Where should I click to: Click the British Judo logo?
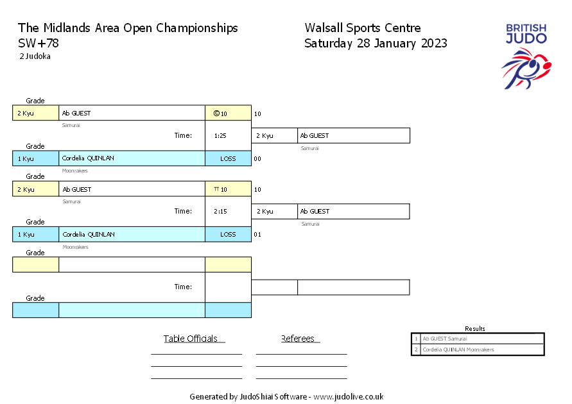coord(526,56)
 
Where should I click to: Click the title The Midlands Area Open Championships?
coord(128,28)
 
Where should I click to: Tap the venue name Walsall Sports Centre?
coord(363,28)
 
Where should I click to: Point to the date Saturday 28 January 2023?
coord(376,44)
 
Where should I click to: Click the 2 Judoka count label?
coord(35,56)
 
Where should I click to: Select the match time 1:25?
coord(220,136)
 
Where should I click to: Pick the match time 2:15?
coord(220,212)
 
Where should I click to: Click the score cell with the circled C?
coord(227,114)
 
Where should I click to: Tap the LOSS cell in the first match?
coord(228,158)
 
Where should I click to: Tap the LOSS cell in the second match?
coord(228,234)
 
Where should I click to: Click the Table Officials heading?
coord(191,339)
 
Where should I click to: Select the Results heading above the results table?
coord(475,328)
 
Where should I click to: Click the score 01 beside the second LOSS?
coord(257,234)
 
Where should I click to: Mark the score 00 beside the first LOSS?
coord(257,158)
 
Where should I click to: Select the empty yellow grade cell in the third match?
coord(35,265)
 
